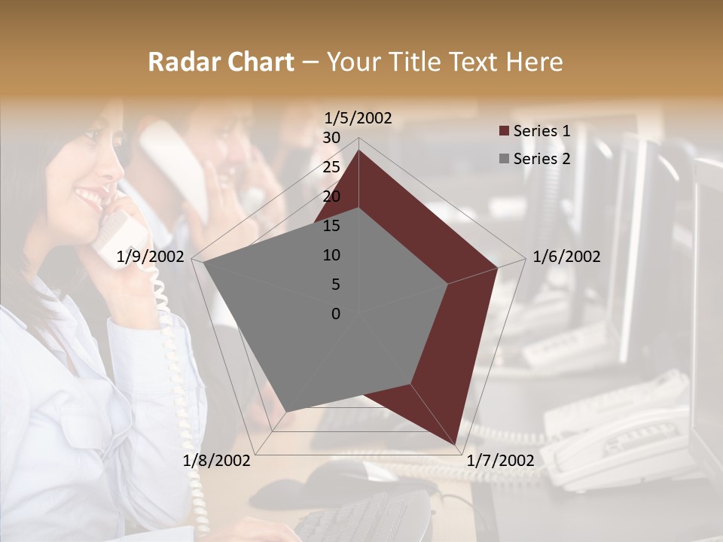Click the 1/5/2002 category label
358,118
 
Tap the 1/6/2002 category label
566,257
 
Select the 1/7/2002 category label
501,461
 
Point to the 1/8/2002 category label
217,461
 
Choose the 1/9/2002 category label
151,257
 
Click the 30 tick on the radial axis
331,138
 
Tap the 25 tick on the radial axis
331,167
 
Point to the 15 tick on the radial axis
331,226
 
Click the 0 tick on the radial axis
336,314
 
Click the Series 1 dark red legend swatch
505,131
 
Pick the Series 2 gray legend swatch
505,159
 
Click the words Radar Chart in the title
221,62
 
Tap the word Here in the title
534,62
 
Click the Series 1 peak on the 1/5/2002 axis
359,151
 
